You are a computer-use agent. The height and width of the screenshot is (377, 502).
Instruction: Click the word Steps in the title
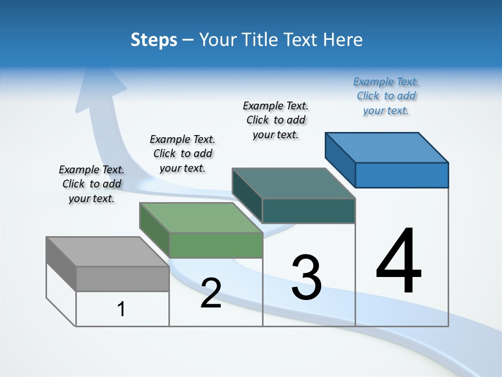pyautogui.click(x=154, y=40)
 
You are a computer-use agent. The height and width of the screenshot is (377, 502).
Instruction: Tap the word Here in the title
pyautogui.click(x=343, y=40)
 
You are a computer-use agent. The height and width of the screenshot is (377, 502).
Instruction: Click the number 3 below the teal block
pyautogui.click(x=306, y=277)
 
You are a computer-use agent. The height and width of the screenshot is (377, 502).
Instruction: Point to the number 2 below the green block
pyautogui.click(x=211, y=293)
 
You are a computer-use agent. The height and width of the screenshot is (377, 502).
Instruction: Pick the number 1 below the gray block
pyautogui.click(x=121, y=309)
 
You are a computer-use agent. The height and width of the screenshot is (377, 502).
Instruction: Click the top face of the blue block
pyautogui.click(x=387, y=147)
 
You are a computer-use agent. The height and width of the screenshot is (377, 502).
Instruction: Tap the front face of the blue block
pyautogui.click(x=402, y=175)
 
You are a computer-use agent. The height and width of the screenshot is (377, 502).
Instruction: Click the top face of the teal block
pyautogui.click(x=294, y=183)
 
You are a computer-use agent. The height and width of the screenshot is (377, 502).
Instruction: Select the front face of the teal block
pyautogui.click(x=309, y=211)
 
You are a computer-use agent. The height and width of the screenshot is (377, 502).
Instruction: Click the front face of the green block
pyautogui.click(x=215, y=246)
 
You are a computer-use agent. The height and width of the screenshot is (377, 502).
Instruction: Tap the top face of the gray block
pyautogui.click(x=108, y=251)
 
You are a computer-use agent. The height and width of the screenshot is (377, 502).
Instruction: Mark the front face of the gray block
pyautogui.click(x=122, y=279)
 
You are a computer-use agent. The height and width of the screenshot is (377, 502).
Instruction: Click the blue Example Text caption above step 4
pyautogui.click(x=386, y=96)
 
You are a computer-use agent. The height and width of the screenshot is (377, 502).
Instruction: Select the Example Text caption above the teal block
pyautogui.click(x=276, y=120)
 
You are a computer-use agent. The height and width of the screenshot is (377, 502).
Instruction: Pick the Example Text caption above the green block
pyautogui.click(x=182, y=153)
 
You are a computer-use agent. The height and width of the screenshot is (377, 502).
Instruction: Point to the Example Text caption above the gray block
pyautogui.click(x=92, y=184)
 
